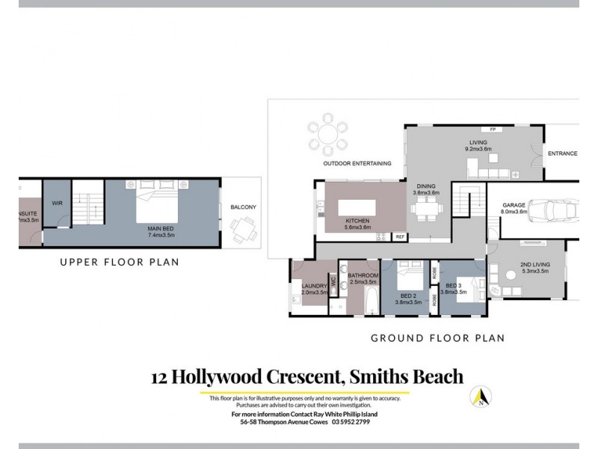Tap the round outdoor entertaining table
327,135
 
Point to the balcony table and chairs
241,229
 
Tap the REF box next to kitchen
399,236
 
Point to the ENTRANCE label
562,153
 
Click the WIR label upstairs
56,203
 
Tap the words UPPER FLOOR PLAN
120,262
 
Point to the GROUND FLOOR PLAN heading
437,338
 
